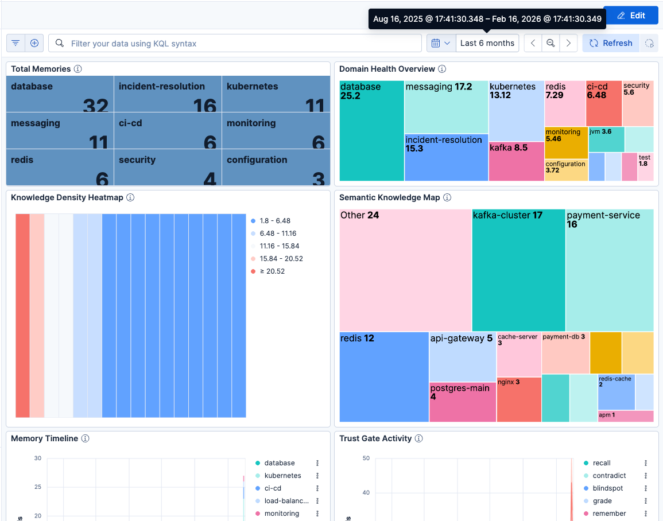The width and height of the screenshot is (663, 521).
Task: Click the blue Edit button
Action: tap(630, 15)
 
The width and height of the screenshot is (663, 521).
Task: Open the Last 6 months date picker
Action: tap(487, 43)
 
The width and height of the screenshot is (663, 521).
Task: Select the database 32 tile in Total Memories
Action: tap(60, 94)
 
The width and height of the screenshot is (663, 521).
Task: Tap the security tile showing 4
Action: tap(168, 168)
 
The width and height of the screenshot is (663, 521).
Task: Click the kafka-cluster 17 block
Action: tap(518, 270)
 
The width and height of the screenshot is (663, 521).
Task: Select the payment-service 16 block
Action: tap(609, 270)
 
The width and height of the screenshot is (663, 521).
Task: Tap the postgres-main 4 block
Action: tap(463, 402)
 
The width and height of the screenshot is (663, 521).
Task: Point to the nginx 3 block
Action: tap(518, 399)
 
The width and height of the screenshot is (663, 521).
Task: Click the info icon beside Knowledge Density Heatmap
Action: tap(130, 197)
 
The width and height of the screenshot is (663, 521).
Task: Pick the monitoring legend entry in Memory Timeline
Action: tap(281, 514)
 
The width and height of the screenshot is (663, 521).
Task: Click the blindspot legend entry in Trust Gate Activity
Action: tap(607, 488)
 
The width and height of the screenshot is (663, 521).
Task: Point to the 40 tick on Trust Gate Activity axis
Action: tap(366, 493)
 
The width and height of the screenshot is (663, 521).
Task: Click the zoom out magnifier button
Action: tap(550, 43)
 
